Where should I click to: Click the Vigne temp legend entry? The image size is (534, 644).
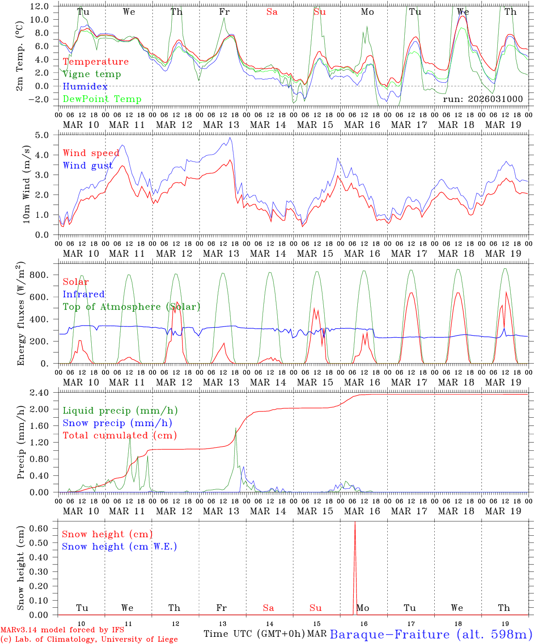(92, 74)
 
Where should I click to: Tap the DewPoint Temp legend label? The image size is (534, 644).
(102, 99)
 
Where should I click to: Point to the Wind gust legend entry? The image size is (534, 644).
(88, 165)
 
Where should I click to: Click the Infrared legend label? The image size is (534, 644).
(84, 294)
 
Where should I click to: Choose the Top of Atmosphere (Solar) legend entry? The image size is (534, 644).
(131, 307)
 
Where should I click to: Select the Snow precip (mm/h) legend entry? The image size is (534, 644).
(117, 423)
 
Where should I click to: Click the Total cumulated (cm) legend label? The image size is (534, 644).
(119, 435)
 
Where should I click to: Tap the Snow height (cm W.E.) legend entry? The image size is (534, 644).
(119, 547)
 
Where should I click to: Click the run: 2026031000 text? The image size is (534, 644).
(483, 99)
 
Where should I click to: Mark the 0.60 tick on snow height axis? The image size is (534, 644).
(39, 528)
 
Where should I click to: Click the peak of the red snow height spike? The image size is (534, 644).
(355, 522)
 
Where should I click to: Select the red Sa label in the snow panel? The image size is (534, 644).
(268, 608)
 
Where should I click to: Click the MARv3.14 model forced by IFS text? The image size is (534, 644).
(62, 630)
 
